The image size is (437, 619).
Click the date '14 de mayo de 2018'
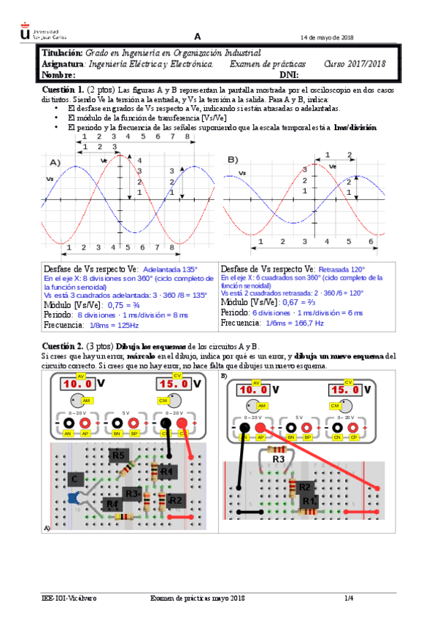click(x=326, y=38)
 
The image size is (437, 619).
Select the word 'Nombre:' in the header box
click(x=59, y=75)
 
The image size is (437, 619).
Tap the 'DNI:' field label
click(x=290, y=75)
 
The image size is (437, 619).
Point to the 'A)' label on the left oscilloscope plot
click(x=55, y=161)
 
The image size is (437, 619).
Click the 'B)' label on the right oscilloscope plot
click(x=233, y=159)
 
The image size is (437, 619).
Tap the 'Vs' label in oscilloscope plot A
click(x=50, y=179)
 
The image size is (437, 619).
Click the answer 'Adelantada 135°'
click(x=171, y=268)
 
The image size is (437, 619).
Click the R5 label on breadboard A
click(x=119, y=456)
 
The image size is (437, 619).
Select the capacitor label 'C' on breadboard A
click(x=74, y=478)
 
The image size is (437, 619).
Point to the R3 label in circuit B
click(x=278, y=460)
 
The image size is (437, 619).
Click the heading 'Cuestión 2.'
click(x=63, y=345)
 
